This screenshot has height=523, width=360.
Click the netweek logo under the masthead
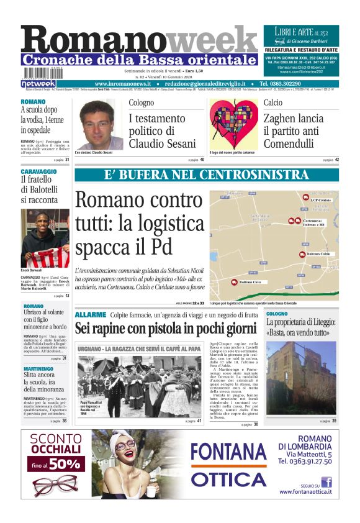pos(38,83)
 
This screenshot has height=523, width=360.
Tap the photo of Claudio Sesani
pos(96,124)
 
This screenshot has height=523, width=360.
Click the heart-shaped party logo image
pos(233,124)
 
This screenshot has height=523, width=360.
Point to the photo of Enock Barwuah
pos(45,238)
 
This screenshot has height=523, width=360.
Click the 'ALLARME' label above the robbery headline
pos(91,315)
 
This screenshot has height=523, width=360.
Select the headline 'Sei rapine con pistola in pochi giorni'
pos(166,328)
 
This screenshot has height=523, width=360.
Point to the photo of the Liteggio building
pos(301,378)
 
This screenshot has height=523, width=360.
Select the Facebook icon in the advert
pos(326,481)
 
